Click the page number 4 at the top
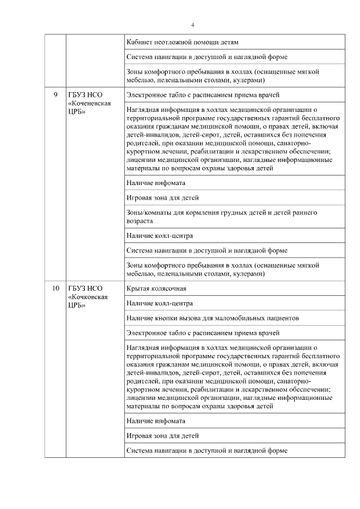click(192, 25)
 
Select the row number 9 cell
click(56, 94)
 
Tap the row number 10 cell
click(56, 289)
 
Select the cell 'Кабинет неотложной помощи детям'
click(182, 42)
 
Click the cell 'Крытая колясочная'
click(156, 289)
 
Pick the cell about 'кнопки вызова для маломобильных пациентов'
click(213, 318)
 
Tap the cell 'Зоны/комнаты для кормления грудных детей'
click(222, 217)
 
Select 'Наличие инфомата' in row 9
click(156, 183)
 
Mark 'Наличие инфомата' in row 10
click(156, 421)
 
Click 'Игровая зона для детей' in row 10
click(163, 435)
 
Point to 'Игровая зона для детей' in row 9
click(163, 198)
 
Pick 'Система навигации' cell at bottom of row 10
click(207, 451)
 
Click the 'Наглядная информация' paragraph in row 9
click(233, 138)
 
